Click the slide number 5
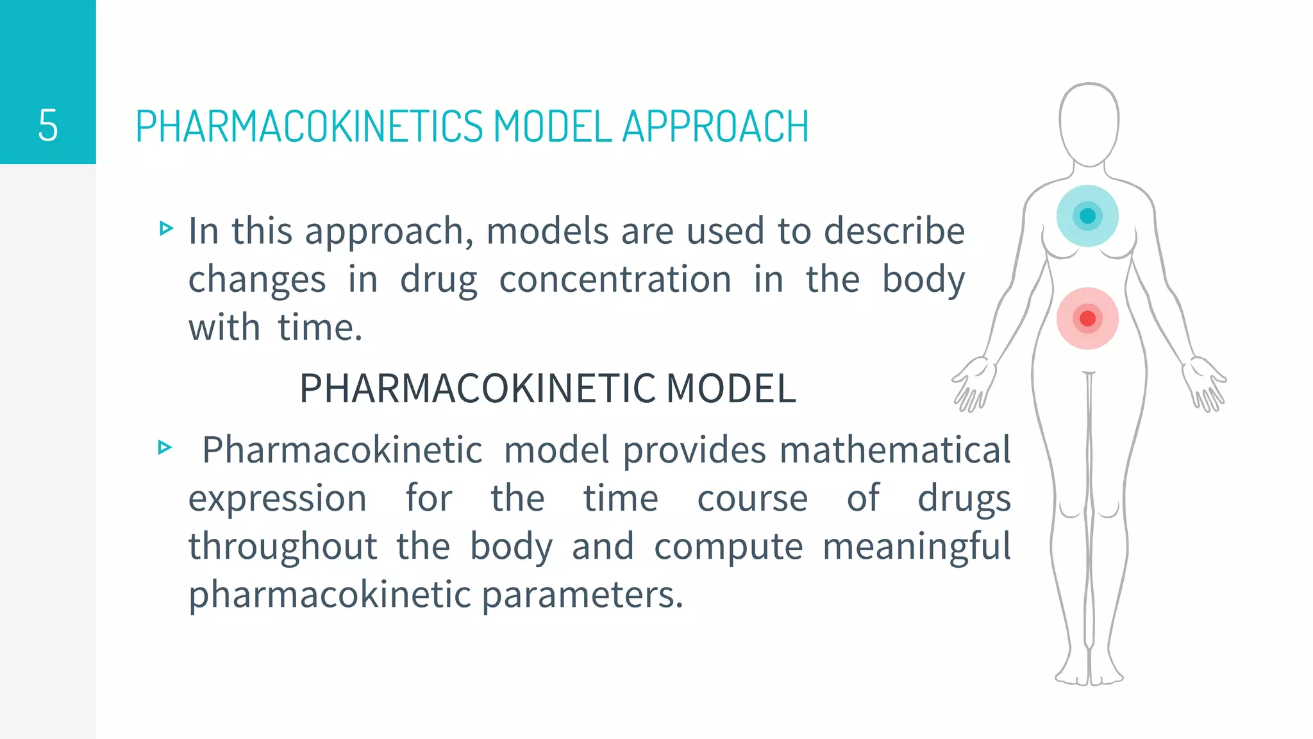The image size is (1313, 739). point(48,125)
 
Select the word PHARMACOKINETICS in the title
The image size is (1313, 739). point(309,126)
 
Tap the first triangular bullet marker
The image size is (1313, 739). point(166,228)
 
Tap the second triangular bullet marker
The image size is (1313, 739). point(165,447)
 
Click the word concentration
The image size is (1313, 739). point(615,280)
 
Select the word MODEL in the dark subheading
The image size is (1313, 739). point(731,389)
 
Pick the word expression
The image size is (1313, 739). point(277,498)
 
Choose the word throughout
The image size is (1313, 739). point(283,547)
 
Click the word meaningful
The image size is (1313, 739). point(916,547)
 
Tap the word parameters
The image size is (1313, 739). point(582,595)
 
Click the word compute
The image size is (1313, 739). point(728,547)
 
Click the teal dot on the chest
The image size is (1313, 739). point(1087,216)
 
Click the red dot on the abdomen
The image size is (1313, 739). point(1087,318)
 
